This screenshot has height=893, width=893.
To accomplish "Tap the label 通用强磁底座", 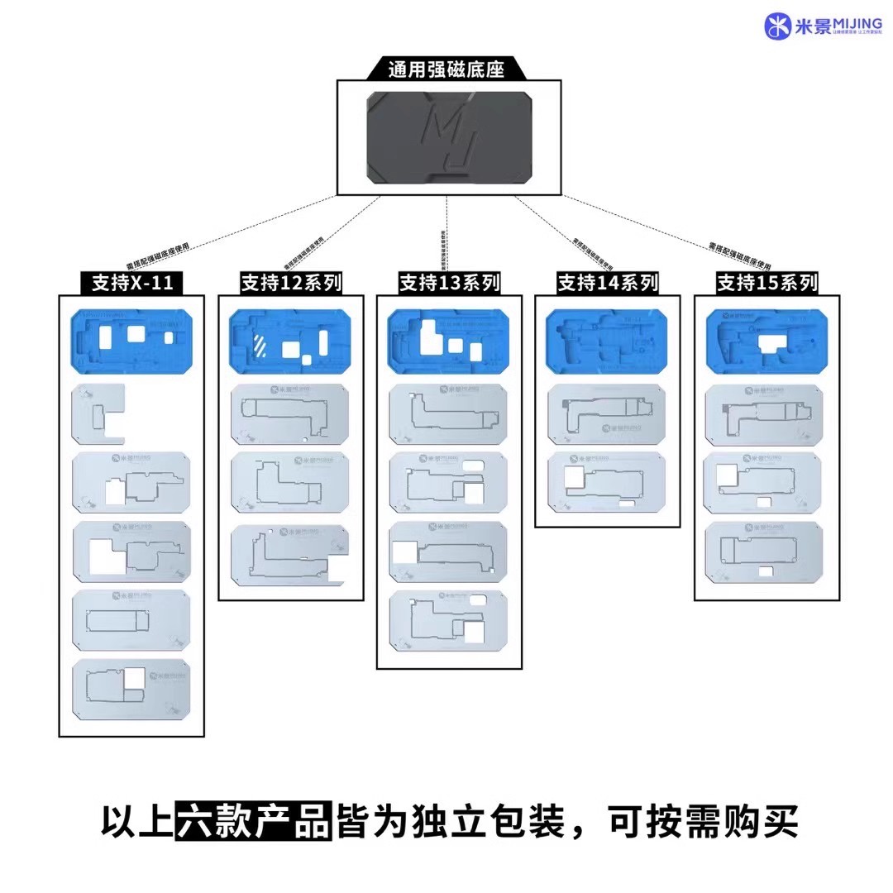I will click(446, 69).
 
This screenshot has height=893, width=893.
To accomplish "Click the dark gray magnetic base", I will click(449, 137).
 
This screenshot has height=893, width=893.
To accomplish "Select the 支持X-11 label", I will click(132, 284).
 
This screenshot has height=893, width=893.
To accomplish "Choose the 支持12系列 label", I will click(291, 284).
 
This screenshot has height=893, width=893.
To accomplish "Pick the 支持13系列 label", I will click(450, 284).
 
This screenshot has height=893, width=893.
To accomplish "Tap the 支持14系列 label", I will click(608, 284).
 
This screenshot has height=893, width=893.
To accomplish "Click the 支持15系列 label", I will click(766, 284).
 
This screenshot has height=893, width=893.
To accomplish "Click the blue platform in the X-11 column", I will click(132, 341).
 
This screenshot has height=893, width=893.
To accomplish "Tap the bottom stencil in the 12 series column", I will click(290, 555).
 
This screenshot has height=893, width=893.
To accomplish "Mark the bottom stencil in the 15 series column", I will click(766, 553).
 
